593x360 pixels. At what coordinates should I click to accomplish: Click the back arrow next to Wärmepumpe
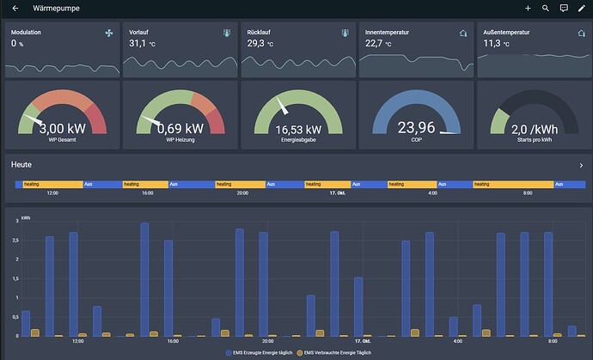click(x=15, y=8)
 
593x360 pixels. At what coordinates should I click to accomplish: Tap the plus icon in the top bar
click(x=528, y=8)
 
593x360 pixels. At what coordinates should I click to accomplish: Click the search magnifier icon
click(x=546, y=8)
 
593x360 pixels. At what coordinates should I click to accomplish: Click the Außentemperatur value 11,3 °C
click(x=496, y=43)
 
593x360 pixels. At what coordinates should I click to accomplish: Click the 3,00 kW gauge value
click(x=62, y=128)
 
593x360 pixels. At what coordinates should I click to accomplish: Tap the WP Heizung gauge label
click(x=180, y=139)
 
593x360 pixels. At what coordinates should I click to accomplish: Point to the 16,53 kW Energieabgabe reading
click(x=297, y=129)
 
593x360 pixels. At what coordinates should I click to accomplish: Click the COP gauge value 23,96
click(x=415, y=127)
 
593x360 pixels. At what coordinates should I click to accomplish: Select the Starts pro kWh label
click(x=533, y=139)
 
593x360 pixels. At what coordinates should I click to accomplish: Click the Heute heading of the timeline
click(x=21, y=164)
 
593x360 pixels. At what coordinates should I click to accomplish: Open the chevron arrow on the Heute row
click(x=581, y=164)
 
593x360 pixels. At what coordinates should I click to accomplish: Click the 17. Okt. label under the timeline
click(x=339, y=193)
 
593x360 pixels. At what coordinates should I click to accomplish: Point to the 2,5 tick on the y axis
click(x=16, y=240)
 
